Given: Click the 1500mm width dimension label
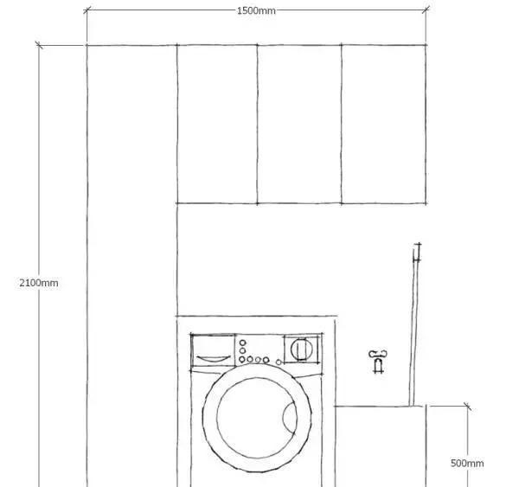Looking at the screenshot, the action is click(x=256, y=11).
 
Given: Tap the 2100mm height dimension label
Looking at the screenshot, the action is click(x=39, y=283).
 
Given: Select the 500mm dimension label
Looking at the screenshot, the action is click(x=467, y=463).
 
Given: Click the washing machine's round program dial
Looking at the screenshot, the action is click(x=301, y=349).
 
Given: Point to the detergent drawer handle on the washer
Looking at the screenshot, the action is click(x=214, y=358).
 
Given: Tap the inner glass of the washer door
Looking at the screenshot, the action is click(x=257, y=418).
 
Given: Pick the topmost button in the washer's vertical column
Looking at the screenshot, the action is click(x=242, y=343).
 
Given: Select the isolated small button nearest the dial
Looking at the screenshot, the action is click(x=279, y=362).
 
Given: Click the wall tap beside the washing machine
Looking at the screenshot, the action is click(x=378, y=361).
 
